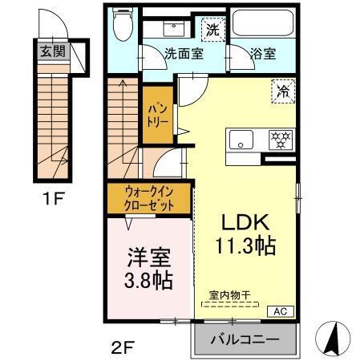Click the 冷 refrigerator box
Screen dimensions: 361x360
[283, 90]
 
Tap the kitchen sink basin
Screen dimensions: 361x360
[241, 139]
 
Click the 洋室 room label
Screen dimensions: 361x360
[147, 259]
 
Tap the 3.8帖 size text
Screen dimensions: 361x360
[147, 282]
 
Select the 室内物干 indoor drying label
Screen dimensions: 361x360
[230, 295]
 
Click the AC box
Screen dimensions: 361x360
[281, 310]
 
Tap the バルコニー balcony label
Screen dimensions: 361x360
[245, 339]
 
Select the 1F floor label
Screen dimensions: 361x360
[54, 198]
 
